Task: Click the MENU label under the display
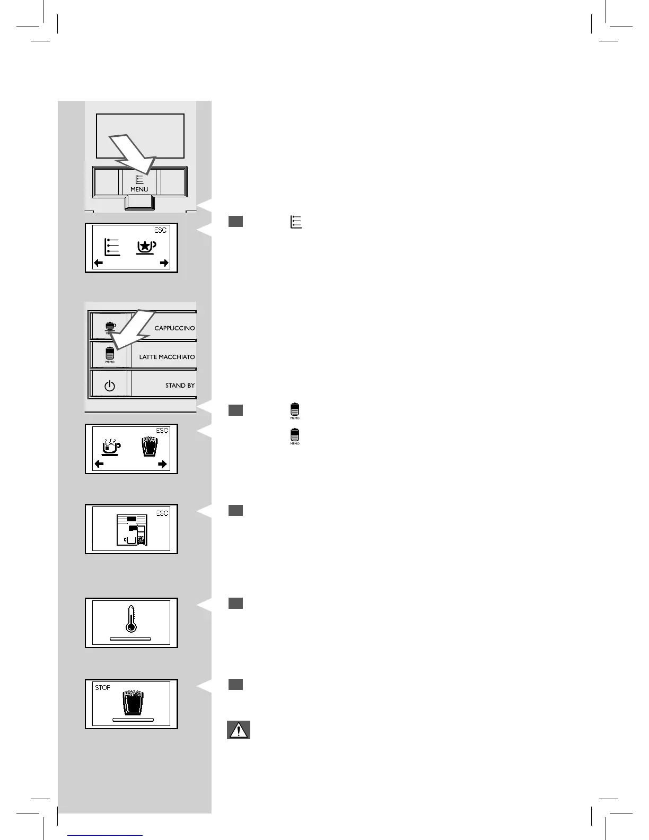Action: click(x=139, y=189)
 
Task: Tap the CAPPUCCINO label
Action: click(x=174, y=328)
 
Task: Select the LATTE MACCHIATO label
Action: click(x=167, y=357)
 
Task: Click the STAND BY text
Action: click(x=180, y=386)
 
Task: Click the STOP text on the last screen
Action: click(x=103, y=687)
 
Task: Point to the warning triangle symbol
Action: click(x=239, y=730)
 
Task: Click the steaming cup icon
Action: click(x=111, y=447)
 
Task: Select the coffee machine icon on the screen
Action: click(x=131, y=530)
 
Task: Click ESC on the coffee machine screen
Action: click(x=162, y=513)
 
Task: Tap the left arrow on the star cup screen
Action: click(x=99, y=263)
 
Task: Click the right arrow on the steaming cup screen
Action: click(x=163, y=464)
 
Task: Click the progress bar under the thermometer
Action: click(x=130, y=640)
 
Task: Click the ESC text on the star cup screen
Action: click(x=160, y=230)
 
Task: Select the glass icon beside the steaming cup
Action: click(x=150, y=446)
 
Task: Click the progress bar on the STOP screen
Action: click(x=133, y=720)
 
